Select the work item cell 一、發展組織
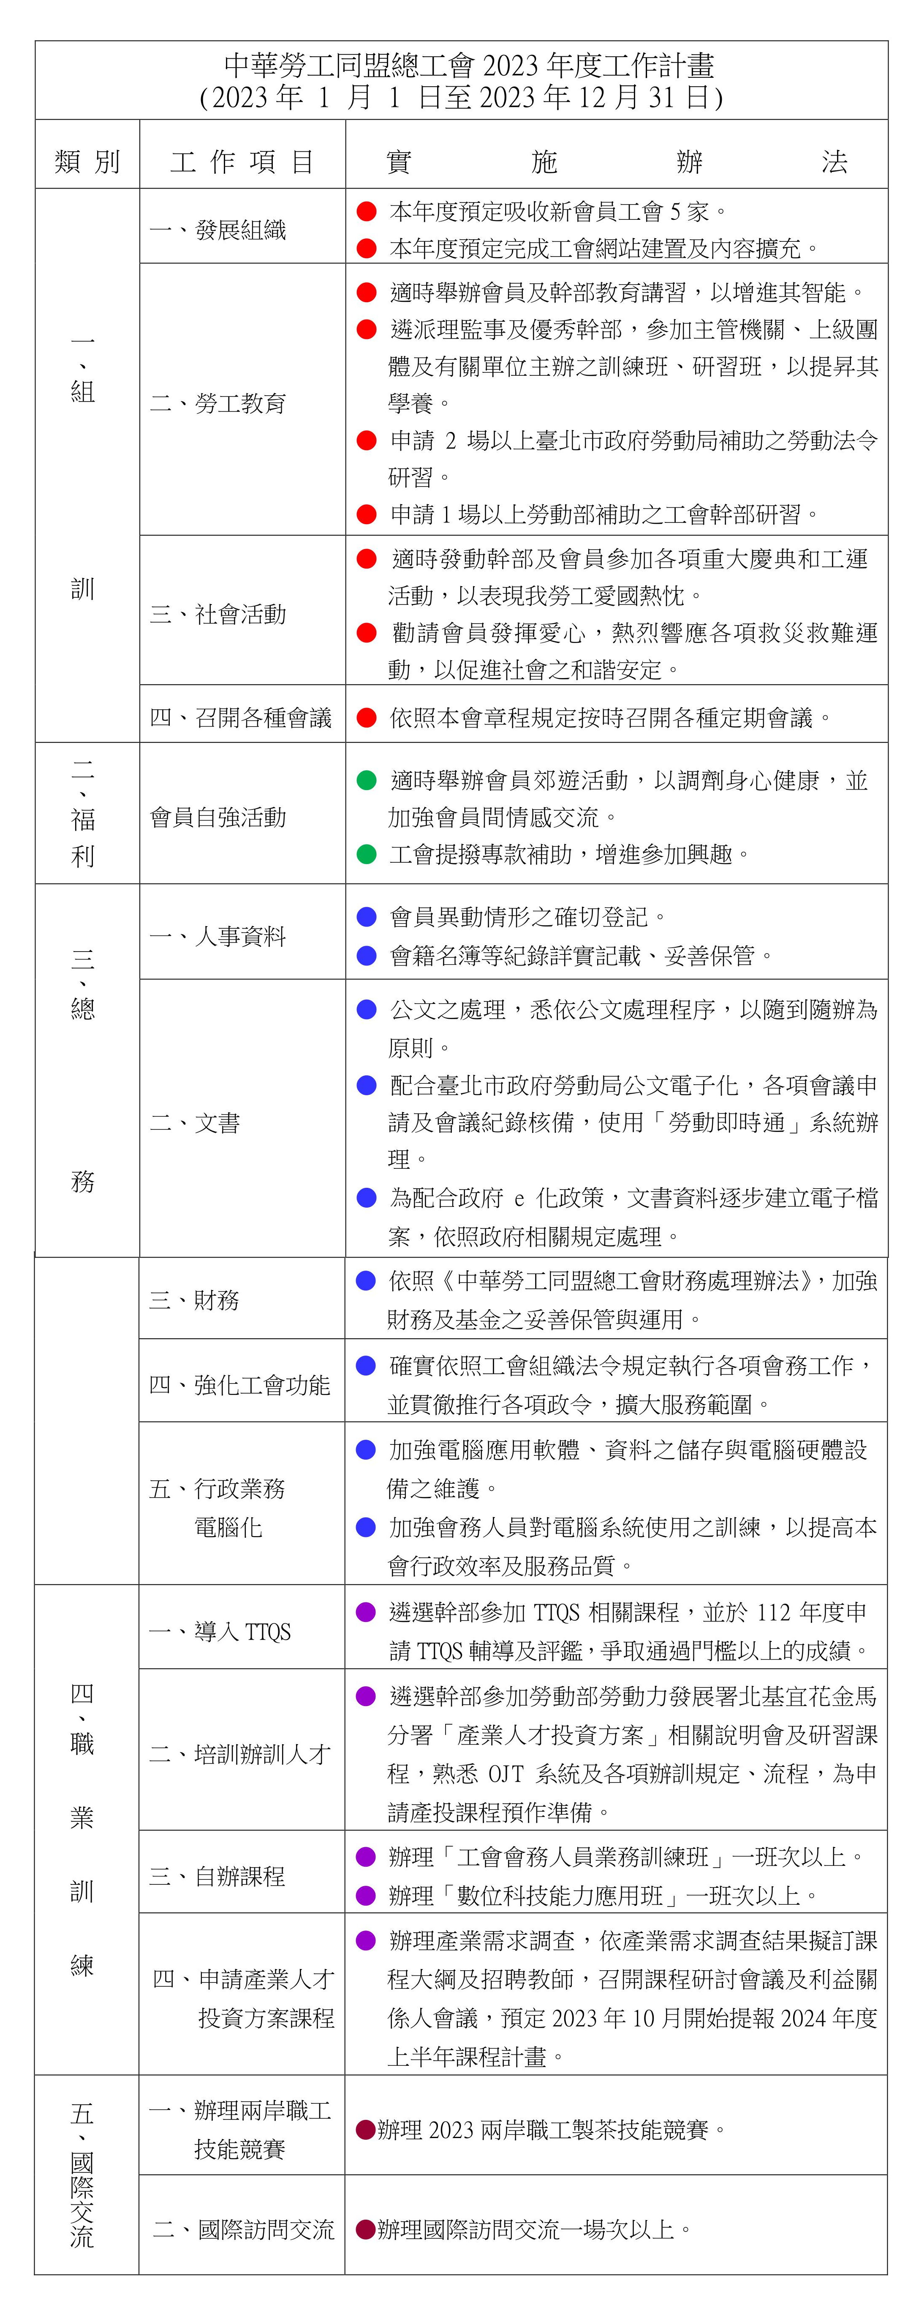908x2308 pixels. [217, 230]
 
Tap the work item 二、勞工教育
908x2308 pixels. [217, 403]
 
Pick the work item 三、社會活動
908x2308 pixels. [217, 614]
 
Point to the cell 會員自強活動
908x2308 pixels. [217, 817]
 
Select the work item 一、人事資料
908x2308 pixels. [217, 936]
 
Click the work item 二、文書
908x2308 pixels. [194, 1123]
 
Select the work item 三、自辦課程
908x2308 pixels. [217, 1876]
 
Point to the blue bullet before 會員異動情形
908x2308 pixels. [366, 916]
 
